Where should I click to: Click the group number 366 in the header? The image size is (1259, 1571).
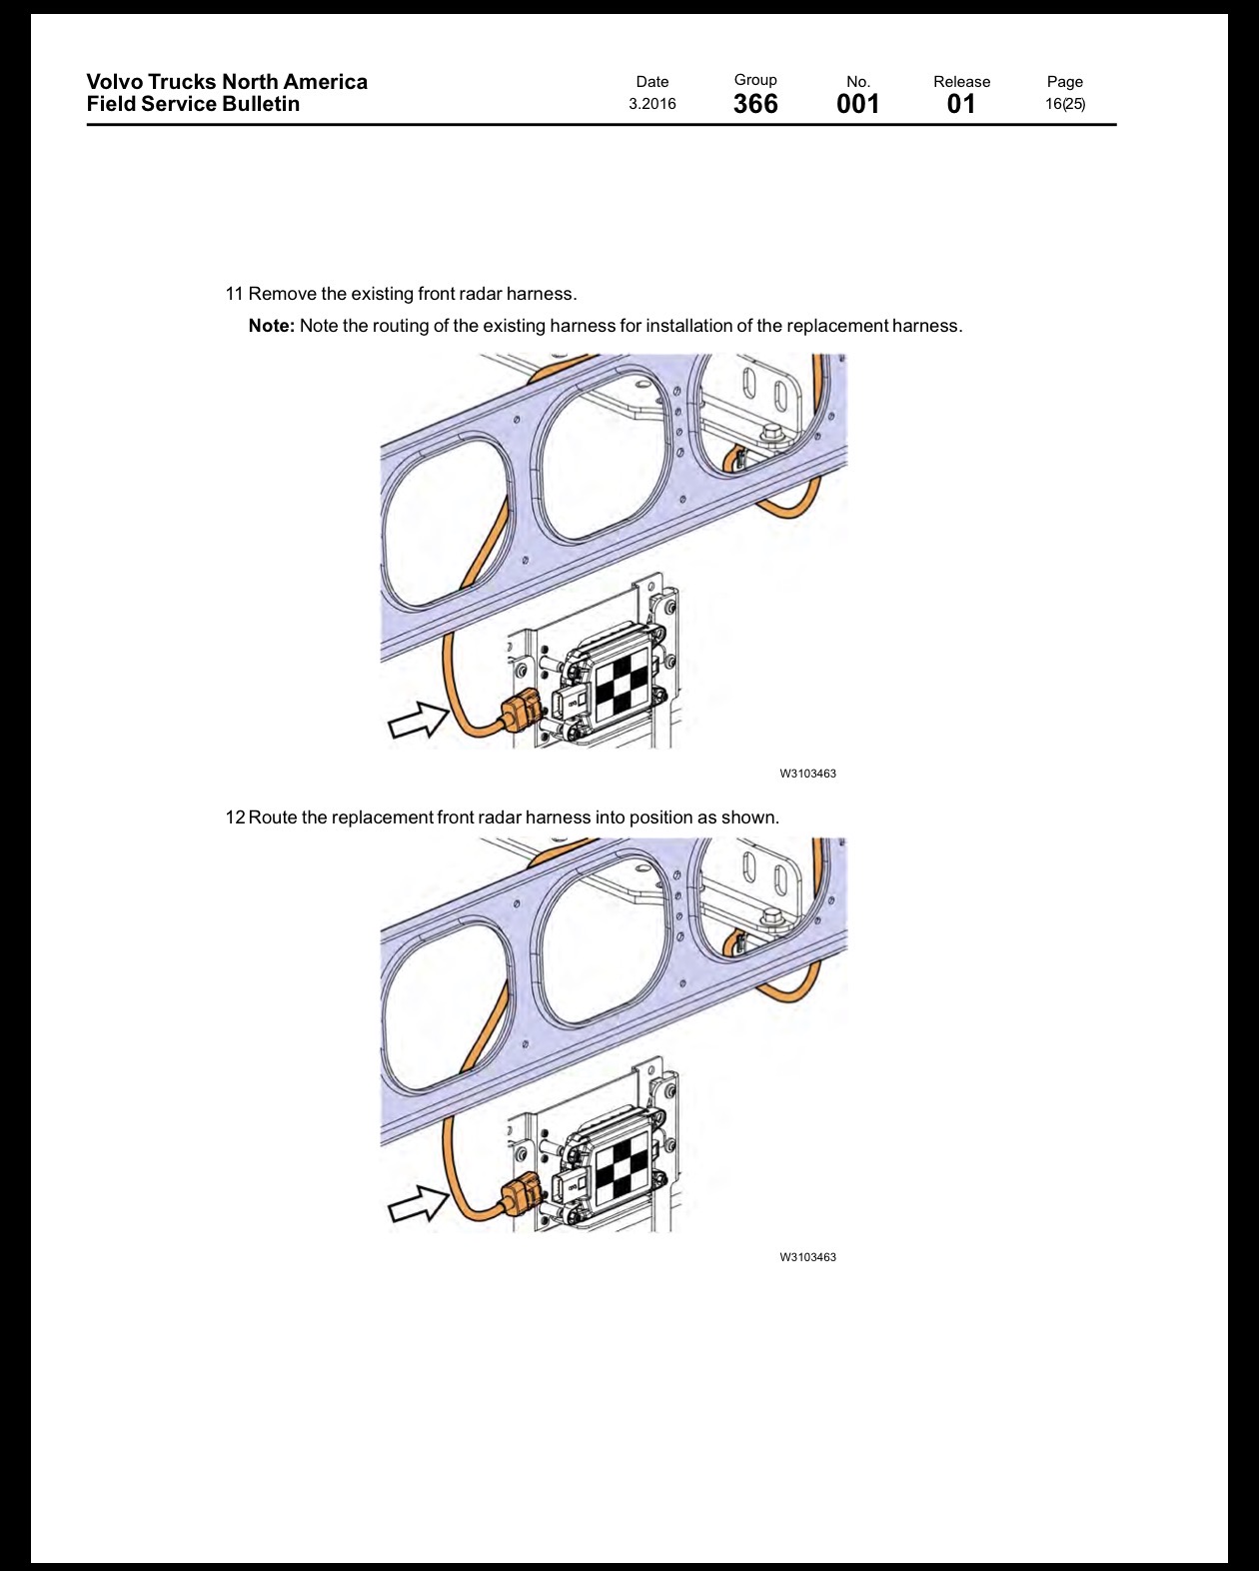[x=755, y=104]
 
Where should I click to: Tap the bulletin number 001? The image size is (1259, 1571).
[x=857, y=104]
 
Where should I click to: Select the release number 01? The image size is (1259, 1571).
[x=961, y=104]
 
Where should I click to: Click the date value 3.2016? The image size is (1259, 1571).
[x=651, y=104]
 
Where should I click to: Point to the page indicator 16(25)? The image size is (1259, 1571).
[x=1065, y=104]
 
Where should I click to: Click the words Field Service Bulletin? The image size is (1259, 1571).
[x=193, y=104]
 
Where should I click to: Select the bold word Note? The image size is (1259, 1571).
[x=272, y=326]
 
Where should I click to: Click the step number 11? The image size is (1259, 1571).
[x=234, y=294]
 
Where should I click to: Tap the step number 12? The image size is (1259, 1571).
[x=235, y=816]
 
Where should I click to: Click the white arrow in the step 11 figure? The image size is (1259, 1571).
[x=419, y=720]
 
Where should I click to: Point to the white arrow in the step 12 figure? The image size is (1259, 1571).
[x=419, y=1203]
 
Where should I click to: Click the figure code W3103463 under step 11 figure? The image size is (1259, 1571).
[x=807, y=774]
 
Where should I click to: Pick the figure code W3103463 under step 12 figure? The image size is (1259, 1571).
[x=807, y=1257]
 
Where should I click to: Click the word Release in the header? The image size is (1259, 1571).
[x=961, y=82]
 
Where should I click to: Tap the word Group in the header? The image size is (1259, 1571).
[x=755, y=80]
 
